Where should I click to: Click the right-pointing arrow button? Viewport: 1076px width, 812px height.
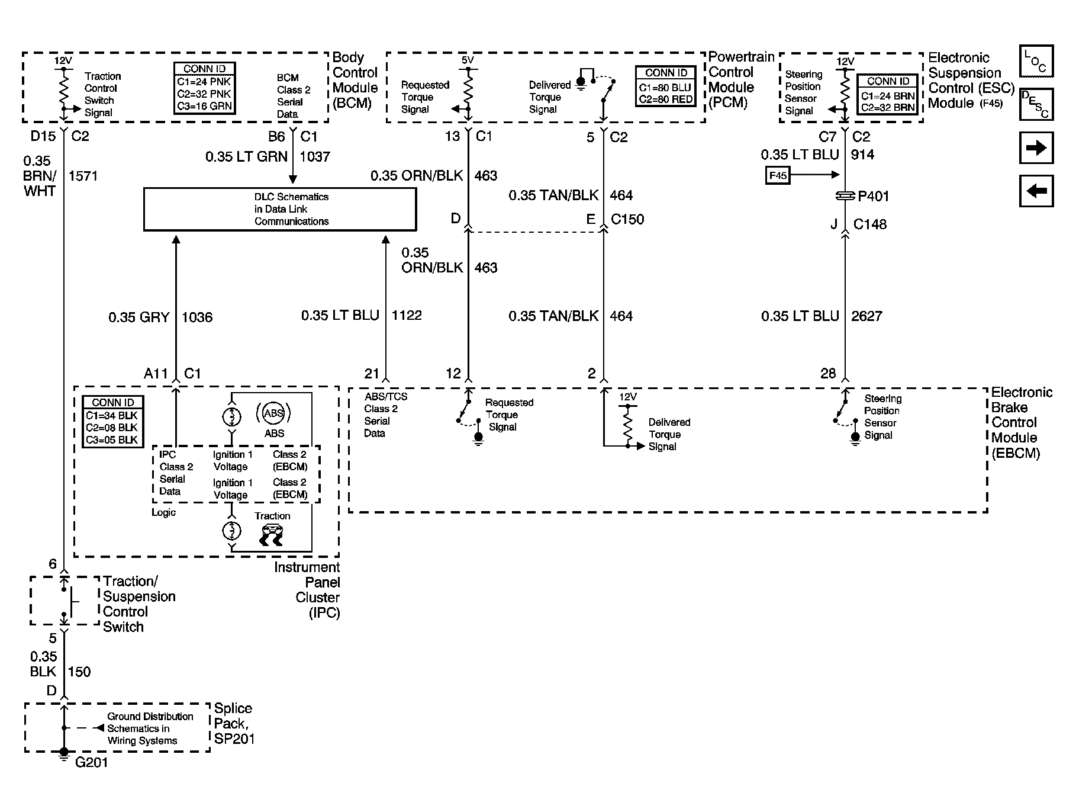1036,147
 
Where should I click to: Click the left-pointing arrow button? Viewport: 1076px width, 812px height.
1036,191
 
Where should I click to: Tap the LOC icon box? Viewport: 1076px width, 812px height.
1036,62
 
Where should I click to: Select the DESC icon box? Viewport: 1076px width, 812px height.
1036,104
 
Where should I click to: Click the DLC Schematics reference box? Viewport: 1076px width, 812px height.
280,209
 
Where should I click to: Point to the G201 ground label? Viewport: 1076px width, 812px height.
92,762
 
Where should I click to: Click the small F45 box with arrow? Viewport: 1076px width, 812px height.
778,175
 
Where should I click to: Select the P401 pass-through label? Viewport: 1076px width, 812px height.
873,196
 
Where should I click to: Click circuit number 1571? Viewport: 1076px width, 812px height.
83,176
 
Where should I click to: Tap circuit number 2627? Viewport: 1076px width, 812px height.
866,316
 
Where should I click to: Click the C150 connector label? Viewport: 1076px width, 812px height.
627,219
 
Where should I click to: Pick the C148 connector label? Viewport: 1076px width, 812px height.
869,224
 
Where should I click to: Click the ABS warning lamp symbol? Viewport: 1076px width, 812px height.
273,413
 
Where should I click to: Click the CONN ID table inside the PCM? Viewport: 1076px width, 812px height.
666,86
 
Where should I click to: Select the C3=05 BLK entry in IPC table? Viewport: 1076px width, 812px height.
112,440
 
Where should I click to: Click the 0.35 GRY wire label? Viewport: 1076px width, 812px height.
138,317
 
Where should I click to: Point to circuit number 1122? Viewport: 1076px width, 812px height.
407,316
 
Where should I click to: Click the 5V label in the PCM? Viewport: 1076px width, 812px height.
468,60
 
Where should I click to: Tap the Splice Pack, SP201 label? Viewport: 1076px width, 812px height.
234,724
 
